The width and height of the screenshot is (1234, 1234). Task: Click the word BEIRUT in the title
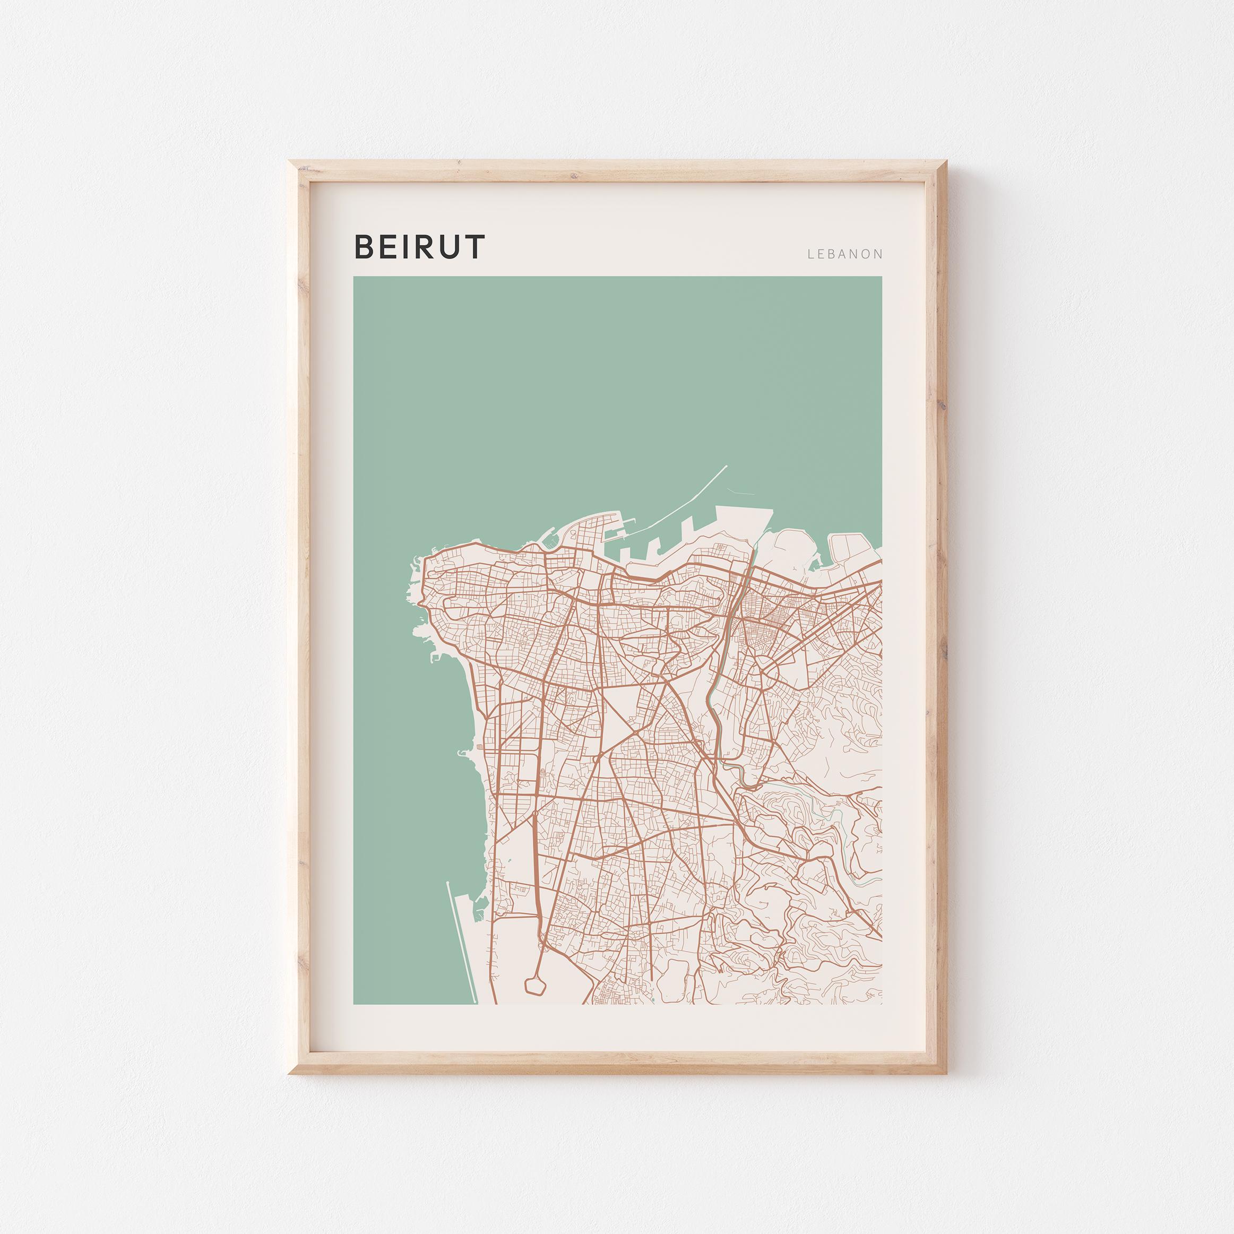(420, 247)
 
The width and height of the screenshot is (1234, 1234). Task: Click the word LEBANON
(844, 254)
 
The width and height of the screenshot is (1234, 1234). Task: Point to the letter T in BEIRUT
(473, 247)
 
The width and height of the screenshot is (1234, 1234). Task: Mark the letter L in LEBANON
(811, 254)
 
